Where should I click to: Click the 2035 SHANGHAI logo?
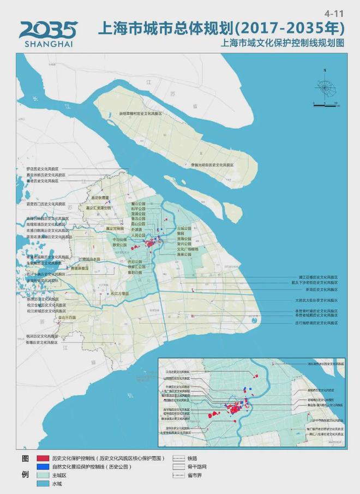48,32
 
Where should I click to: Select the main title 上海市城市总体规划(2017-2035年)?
221,28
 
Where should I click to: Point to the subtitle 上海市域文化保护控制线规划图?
280,44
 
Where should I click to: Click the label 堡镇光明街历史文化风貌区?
212,165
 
